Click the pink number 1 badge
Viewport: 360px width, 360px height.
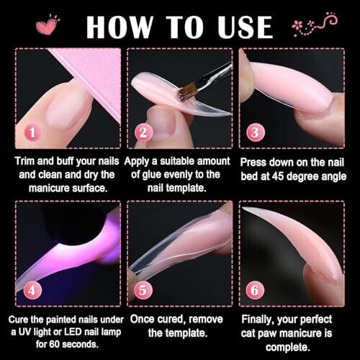(32, 132)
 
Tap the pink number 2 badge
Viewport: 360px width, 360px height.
(143, 132)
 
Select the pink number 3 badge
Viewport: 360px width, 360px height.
(256, 132)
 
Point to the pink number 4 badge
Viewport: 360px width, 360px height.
(32, 290)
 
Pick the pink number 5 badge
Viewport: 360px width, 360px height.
(143, 290)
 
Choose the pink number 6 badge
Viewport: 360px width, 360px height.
(255, 290)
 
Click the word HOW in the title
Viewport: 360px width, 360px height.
(120, 27)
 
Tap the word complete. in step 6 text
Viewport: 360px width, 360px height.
(288, 348)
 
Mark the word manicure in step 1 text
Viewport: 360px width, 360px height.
(49, 188)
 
